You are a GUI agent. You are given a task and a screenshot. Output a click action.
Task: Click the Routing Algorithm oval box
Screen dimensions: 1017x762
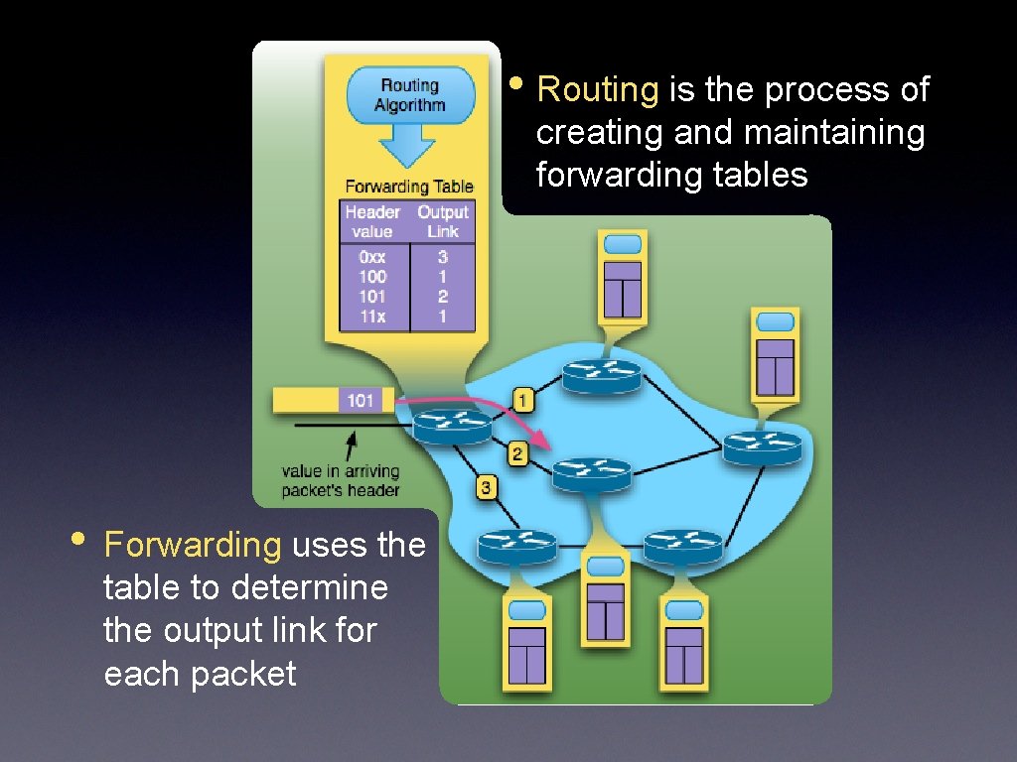tap(410, 95)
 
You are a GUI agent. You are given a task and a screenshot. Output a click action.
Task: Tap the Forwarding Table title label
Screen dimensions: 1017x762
tap(409, 187)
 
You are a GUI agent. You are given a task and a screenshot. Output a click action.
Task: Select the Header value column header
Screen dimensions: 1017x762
tap(372, 221)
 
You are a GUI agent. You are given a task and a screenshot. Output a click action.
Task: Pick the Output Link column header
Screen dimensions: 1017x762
tap(442, 221)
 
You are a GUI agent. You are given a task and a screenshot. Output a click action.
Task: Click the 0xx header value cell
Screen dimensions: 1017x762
tap(372, 257)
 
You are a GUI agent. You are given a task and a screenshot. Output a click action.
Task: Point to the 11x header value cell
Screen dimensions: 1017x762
tap(372, 317)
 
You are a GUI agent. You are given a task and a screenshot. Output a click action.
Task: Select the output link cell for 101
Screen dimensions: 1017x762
tap(443, 297)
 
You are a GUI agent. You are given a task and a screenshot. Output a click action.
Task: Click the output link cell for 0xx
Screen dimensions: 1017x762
tap(443, 257)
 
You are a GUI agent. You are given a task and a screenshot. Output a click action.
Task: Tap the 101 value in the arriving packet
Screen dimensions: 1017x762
tap(361, 400)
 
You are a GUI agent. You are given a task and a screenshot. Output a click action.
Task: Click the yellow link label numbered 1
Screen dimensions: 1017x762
tap(524, 400)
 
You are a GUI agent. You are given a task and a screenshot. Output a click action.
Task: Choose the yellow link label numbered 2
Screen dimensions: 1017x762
tap(517, 454)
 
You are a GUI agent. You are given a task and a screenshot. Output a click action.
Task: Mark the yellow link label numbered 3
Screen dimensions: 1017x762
tap(486, 487)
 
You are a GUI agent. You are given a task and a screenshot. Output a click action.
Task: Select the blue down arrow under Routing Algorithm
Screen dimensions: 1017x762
tap(408, 146)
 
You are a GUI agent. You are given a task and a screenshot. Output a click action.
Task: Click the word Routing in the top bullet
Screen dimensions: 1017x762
tap(597, 90)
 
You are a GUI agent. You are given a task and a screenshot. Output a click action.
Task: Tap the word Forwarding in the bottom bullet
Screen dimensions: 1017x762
tap(193, 545)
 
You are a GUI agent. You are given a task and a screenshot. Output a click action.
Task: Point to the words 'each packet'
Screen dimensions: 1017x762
tap(200, 674)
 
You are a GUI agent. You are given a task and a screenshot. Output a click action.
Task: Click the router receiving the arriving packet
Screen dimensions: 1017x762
tap(453, 426)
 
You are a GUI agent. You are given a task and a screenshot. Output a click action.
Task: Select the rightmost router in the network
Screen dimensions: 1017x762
tap(762, 447)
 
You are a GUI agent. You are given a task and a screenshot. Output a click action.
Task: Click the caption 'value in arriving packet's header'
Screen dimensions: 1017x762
tap(341, 481)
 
